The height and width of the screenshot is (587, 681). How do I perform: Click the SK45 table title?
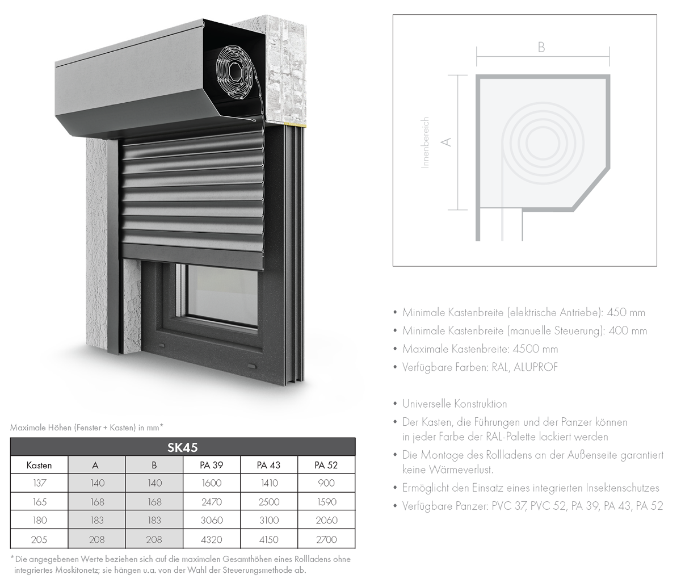[x=183, y=447]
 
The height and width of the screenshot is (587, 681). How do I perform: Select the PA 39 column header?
[x=212, y=465]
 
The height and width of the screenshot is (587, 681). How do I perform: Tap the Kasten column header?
[x=39, y=466]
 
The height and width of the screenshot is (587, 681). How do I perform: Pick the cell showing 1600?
[x=212, y=483]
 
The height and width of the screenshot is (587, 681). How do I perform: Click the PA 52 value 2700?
[x=326, y=539]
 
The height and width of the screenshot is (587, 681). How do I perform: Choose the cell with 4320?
[x=212, y=539]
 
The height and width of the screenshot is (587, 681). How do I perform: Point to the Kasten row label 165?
[x=39, y=502]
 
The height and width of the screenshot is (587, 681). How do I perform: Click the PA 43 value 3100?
[x=269, y=520]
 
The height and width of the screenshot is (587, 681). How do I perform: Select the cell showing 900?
[x=326, y=483]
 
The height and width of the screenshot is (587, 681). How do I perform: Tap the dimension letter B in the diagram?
[x=541, y=48]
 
